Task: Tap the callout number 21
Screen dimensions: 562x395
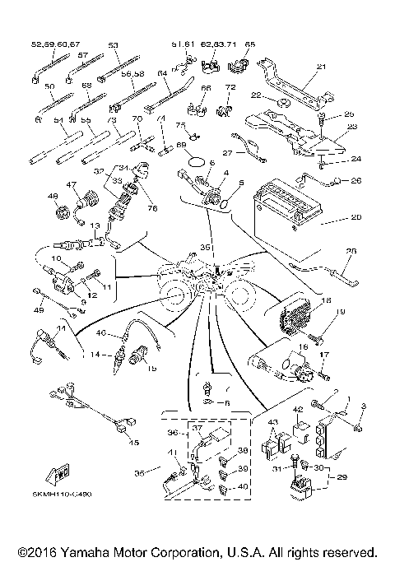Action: pyautogui.click(x=321, y=67)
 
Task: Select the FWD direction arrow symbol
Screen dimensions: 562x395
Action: pyautogui.click(x=60, y=475)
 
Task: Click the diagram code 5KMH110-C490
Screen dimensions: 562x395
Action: pyautogui.click(x=63, y=494)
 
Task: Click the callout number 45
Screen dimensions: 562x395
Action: pyautogui.click(x=133, y=442)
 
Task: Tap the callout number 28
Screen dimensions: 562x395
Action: pyautogui.click(x=351, y=252)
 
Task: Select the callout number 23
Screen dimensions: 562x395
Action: pyautogui.click(x=352, y=126)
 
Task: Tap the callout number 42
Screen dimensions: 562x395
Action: pyautogui.click(x=298, y=409)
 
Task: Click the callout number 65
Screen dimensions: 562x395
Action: pyautogui.click(x=250, y=44)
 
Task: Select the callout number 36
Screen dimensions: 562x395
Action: pyautogui.click(x=171, y=432)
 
